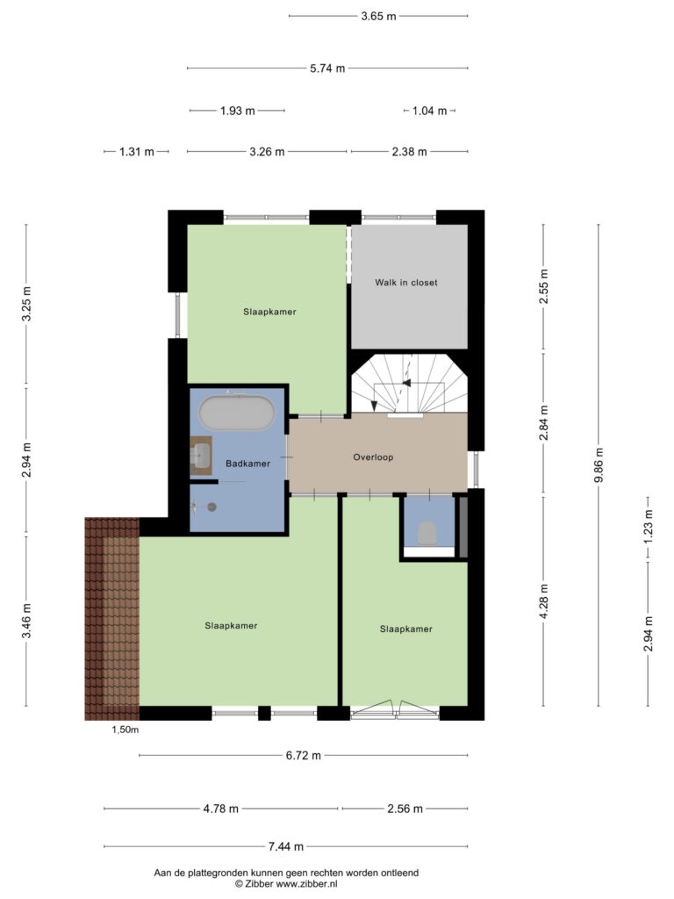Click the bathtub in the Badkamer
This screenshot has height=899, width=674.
237,413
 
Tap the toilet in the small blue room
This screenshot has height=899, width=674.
427,533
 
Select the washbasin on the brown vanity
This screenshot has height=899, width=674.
203,456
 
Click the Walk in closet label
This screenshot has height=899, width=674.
405,282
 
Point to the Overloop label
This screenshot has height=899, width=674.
373,457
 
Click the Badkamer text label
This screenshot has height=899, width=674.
247,464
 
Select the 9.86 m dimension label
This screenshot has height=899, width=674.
599,464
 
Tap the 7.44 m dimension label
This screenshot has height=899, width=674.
286,845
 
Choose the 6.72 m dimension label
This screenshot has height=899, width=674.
303,755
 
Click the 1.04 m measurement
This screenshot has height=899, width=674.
429,111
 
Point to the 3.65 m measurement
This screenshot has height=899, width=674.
378,16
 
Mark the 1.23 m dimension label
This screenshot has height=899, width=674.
649,527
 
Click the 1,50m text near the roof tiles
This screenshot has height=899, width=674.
125,730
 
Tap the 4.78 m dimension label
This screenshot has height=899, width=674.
220,809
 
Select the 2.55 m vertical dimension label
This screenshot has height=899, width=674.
544,287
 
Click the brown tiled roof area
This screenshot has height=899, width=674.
111,619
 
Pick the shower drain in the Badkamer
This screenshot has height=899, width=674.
212,507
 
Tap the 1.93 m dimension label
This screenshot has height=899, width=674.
237,111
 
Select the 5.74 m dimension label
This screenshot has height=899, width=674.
327,68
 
